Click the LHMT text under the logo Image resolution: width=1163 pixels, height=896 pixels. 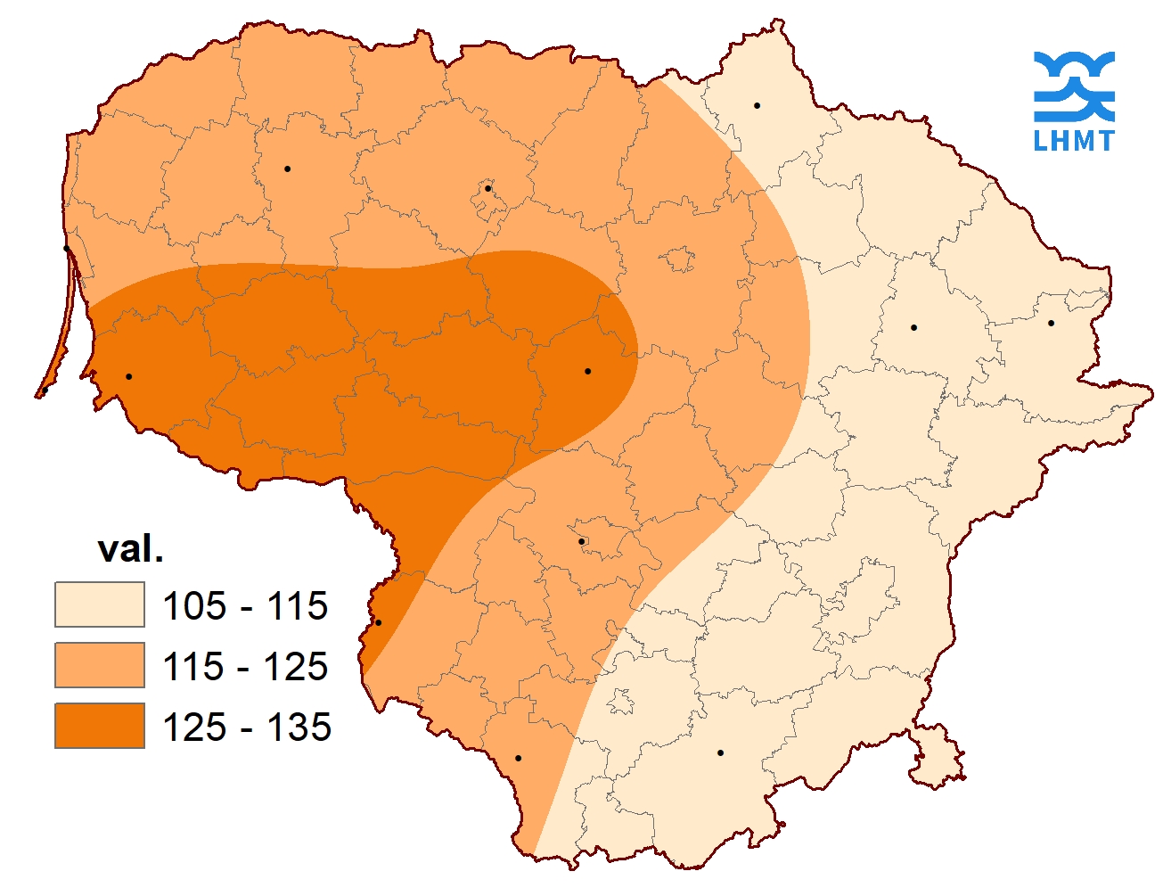[1074, 140]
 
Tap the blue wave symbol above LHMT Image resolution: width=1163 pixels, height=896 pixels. [1074, 86]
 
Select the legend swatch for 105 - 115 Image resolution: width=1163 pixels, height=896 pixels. [99, 605]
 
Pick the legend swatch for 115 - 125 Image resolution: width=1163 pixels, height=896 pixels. [99, 665]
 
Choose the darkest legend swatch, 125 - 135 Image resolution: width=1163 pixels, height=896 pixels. [99, 725]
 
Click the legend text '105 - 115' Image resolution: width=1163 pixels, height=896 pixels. [245, 606]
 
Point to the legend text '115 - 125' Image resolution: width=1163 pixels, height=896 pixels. [245, 666]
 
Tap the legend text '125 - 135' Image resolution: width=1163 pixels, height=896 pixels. [247, 727]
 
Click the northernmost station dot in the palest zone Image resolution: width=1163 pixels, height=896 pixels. [757, 105]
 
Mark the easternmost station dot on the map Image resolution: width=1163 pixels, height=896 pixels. [1051, 323]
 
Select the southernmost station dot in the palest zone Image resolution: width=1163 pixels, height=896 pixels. [720, 752]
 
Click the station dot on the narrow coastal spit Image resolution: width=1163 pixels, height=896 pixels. [45, 390]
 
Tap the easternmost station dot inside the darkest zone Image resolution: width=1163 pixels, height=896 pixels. [587, 371]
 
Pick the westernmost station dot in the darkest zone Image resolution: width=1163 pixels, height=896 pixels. [128, 376]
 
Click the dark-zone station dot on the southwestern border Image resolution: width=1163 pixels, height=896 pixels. [378, 622]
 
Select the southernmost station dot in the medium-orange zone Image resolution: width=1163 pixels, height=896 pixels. [518, 758]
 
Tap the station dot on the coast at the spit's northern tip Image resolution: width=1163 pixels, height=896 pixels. [67, 249]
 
